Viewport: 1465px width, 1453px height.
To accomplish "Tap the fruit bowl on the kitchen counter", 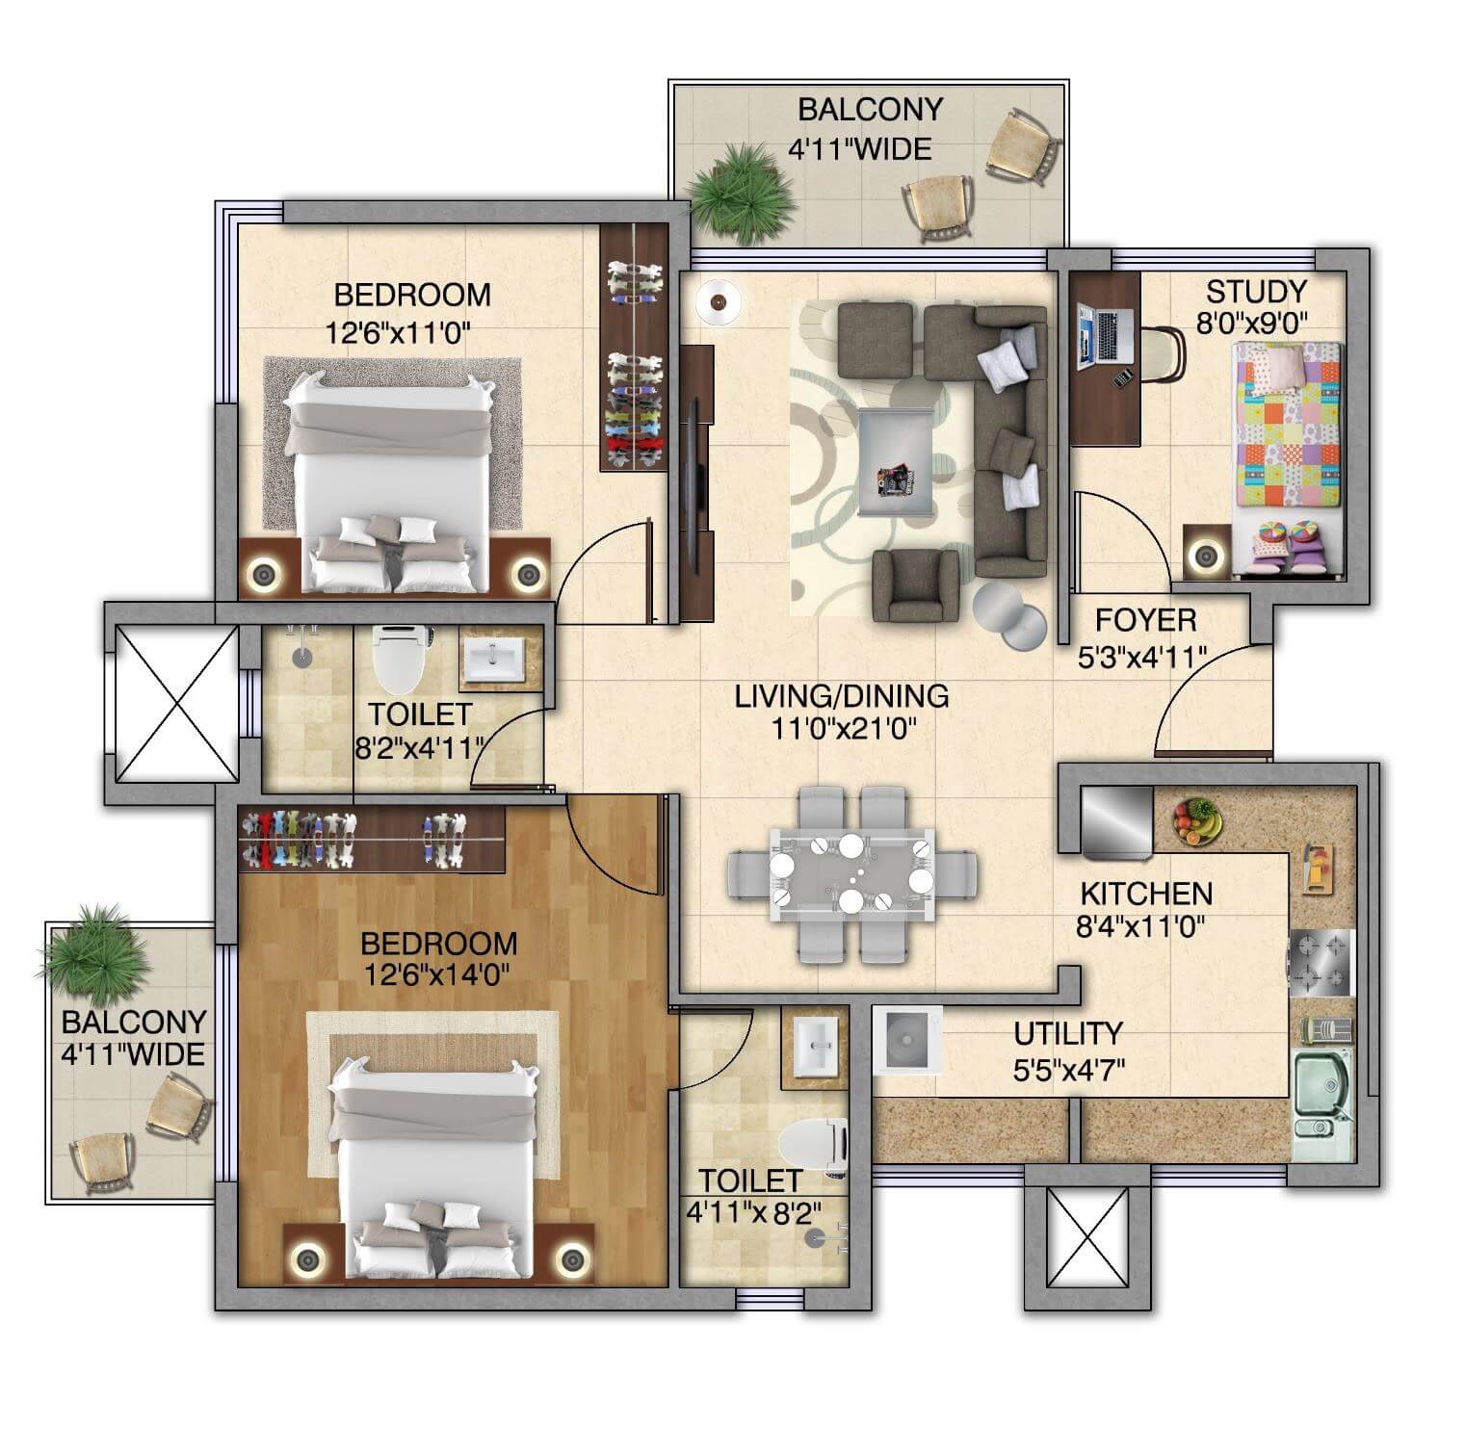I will pos(1196,821).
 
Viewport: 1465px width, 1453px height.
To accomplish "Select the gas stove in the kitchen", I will pos(1321,963).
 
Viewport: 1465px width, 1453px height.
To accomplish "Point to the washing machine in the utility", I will pos(907,1040).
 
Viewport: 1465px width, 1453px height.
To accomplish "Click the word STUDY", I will pos(1256,291).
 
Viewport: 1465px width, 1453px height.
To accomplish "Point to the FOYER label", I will pos(1145,619).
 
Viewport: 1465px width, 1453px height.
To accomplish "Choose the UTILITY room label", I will pos(1067,1034).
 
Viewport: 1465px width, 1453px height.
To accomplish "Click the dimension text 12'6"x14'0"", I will pos(436,975).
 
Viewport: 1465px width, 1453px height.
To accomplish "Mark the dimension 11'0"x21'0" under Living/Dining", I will pos(842,729).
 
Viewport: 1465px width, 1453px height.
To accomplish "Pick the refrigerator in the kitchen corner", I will pos(1116,820).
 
